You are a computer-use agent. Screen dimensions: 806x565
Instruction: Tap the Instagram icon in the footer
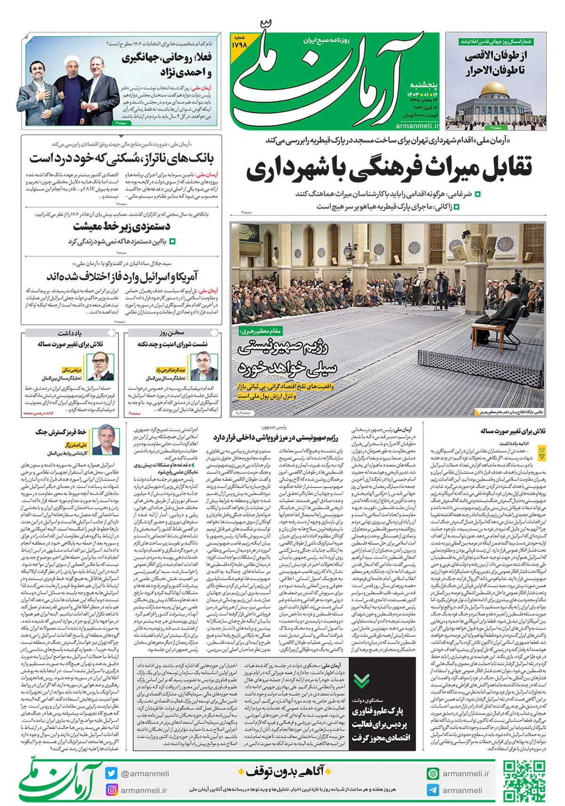[112, 790]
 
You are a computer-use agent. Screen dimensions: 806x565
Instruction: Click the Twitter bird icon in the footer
[112, 773]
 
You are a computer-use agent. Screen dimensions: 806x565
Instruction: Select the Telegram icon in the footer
[433, 790]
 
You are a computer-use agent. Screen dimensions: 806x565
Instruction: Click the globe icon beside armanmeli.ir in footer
[433, 773]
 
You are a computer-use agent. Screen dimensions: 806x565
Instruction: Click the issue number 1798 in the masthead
[239, 45]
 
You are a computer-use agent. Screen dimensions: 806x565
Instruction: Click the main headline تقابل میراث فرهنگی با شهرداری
[389, 169]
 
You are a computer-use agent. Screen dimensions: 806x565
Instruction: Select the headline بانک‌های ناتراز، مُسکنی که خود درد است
[121, 158]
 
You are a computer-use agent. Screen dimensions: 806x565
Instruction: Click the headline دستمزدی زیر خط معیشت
[121, 227]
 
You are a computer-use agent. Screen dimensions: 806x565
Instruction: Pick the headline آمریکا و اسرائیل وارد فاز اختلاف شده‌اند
[121, 276]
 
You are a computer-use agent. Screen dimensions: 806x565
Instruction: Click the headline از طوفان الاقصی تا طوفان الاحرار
[496, 63]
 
